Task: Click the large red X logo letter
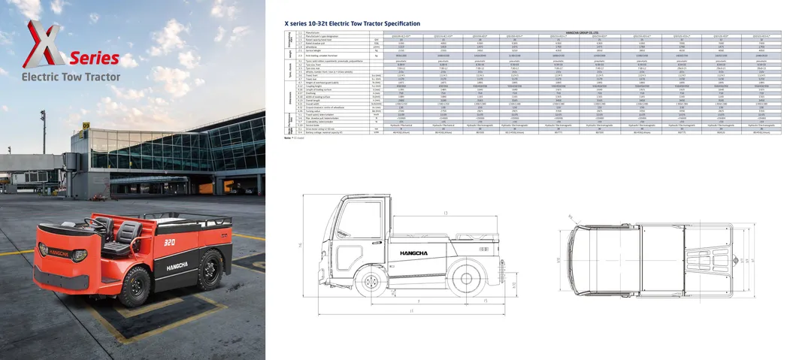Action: click(45, 46)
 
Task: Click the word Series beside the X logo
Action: click(95, 58)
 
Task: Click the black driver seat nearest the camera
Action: click(128, 234)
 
